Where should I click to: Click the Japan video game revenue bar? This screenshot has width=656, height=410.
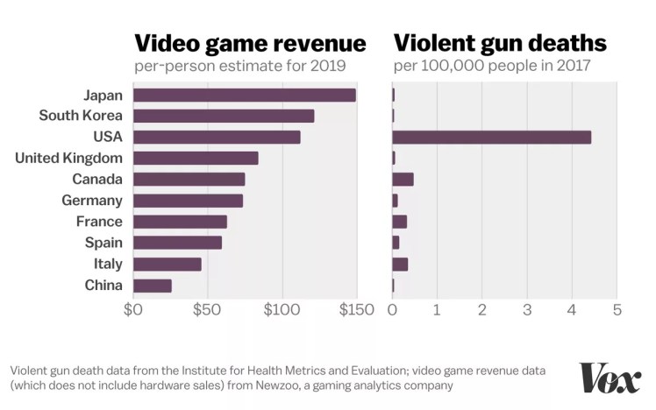tap(244, 95)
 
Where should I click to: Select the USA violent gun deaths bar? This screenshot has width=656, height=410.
tap(491, 137)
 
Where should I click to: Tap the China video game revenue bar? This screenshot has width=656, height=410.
tap(152, 285)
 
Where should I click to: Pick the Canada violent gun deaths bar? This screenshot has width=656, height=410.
tap(403, 180)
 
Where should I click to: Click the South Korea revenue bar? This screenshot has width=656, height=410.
tap(223, 116)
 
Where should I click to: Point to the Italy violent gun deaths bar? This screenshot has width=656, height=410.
tap(400, 264)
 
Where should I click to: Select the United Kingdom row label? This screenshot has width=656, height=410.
tap(69, 158)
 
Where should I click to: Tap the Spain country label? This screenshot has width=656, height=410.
tap(103, 243)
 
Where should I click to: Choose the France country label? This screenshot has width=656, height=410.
tap(99, 222)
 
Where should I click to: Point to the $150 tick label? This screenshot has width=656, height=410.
tap(356, 310)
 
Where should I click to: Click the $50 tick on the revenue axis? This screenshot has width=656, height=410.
tap(207, 310)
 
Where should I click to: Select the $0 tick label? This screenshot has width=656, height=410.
tap(133, 310)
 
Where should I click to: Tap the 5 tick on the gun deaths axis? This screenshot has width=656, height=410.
tap(617, 310)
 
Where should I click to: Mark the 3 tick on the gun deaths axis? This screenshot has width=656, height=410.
tap(527, 310)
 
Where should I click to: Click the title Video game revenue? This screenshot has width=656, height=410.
tap(249, 43)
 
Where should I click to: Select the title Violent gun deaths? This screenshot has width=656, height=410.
tap(500, 43)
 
